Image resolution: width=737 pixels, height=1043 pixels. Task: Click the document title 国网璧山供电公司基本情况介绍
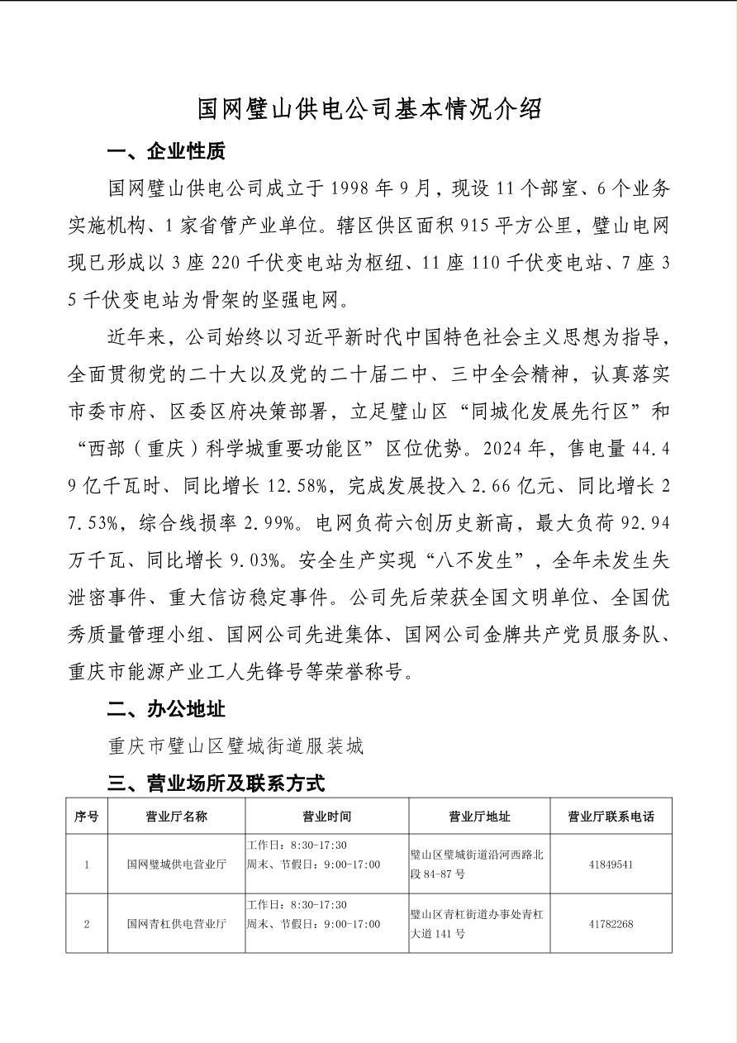click(x=368, y=108)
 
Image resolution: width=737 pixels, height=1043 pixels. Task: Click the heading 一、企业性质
click(x=166, y=151)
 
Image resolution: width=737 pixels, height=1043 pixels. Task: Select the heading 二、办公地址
click(x=166, y=709)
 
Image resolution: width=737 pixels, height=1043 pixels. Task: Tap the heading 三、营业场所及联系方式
click(x=216, y=782)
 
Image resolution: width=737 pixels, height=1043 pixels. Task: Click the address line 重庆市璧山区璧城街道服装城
click(x=236, y=746)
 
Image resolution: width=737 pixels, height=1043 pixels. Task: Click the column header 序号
click(x=87, y=817)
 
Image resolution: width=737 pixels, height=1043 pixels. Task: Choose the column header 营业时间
click(x=326, y=817)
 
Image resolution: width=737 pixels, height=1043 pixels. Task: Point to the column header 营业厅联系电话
click(x=611, y=817)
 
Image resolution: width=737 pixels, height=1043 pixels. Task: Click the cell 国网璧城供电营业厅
click(x=176, y=864)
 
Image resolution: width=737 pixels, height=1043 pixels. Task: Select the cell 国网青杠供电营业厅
click(x=176, y=923)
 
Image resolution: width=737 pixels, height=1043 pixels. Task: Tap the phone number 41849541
click(x=611, y=864)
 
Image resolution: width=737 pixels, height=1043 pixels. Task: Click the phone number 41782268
click(x=611, y=923)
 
